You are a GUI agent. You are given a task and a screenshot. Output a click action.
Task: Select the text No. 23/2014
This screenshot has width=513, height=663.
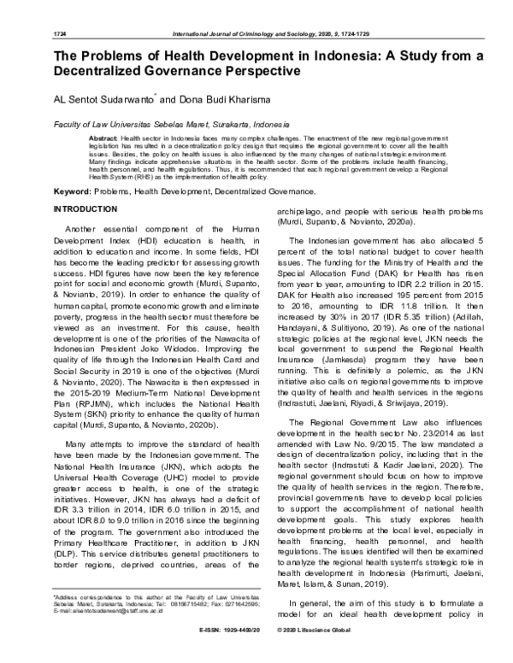410,420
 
